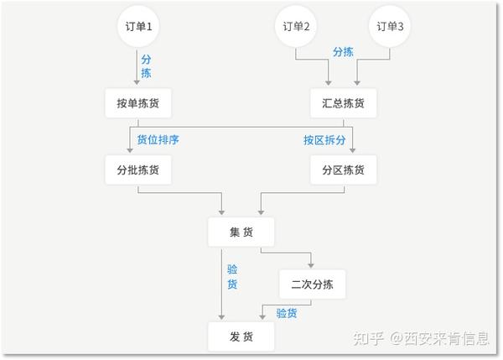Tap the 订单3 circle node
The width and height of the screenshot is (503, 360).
pos(390,26)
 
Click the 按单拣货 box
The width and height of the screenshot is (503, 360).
pos(138,103)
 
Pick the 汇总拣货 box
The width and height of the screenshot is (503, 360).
pos(343,103)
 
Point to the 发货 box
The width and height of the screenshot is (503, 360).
pos(241,337)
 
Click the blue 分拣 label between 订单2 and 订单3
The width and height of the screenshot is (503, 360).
pos(343,51)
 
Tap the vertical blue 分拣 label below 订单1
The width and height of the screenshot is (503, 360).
pos(147,68)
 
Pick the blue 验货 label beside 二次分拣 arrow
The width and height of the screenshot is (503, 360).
pos(286,313)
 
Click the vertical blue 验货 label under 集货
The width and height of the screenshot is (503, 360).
pos(232,277)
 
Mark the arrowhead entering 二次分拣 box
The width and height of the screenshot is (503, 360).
pos(311,263)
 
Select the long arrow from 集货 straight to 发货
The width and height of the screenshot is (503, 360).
pos(221,285)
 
